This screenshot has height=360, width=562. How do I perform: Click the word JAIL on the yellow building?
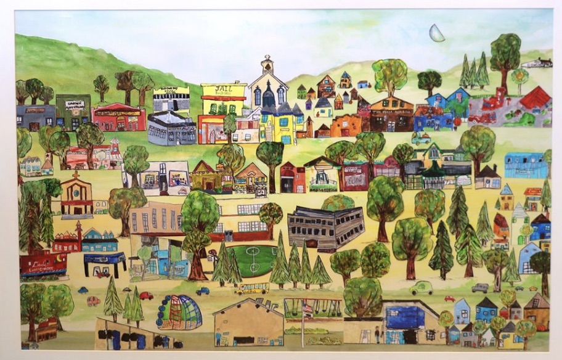coord(222,89)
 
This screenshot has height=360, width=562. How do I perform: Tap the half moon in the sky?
coord(437,33)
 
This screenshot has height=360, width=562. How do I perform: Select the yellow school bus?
coord(251,288)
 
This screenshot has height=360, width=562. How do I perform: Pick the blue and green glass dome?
coord(179,312)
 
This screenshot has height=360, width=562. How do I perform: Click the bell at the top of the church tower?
coord(267,64)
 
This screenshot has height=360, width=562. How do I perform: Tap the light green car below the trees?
coord(421,287)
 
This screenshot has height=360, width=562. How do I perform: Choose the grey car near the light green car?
coord(480,287)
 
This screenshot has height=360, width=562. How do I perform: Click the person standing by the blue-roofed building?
coord(377,333)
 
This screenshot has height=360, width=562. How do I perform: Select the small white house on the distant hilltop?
coord(536,62)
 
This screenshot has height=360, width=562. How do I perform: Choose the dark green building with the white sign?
coord(73,111)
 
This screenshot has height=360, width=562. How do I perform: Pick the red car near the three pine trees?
coord(146,296)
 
